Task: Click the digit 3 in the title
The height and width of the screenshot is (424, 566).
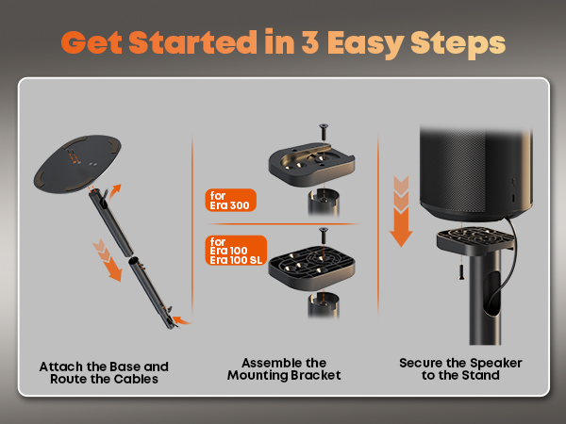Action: click(309, 42)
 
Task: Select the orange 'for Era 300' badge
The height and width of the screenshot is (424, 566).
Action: click(231, 200)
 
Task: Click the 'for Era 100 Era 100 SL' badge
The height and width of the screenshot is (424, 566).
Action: click(236, 251)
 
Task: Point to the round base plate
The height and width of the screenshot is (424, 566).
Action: click(77, 164)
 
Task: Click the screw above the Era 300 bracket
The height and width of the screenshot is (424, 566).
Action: click(324, 132)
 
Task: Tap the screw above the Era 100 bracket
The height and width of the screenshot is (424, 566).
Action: click(324, 236)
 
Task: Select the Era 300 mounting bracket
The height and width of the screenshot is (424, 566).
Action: click(311, 164)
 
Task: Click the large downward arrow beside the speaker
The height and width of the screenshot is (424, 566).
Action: click(401, 212)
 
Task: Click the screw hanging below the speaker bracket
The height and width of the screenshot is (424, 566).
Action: click(461, 272)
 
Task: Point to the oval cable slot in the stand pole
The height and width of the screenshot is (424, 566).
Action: click(491, 295)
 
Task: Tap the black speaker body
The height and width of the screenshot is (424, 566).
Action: click(475, 173)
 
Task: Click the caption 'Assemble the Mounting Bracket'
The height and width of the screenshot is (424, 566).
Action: click(284, 368)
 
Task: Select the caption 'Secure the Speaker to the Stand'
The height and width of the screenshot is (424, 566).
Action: click(460, 368)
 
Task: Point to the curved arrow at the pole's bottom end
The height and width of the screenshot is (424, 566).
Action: click(181, 319)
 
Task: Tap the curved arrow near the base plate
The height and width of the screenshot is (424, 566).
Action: click(115, 192)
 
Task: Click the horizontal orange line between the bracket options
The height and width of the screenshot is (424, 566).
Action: click(283, 224)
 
